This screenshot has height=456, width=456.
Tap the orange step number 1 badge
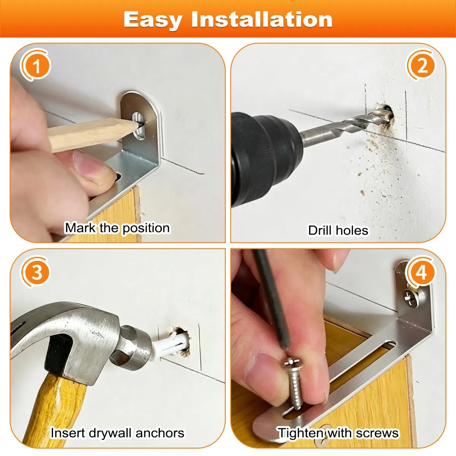click(36, 65)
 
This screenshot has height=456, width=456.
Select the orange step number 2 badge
click(422, 65)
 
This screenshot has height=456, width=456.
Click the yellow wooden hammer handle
click(54, 407)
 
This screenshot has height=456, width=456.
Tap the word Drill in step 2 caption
click(320, 230)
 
